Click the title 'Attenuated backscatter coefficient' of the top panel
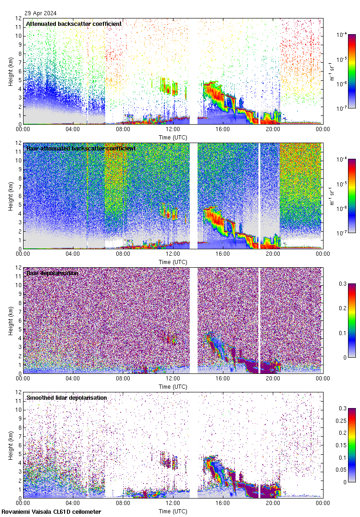pyautogui.click(x=74, y=24)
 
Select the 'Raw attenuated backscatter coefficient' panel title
pyautogui.click(x=81, y=148)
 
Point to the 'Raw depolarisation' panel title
pyautogui.click(x=52, y=273)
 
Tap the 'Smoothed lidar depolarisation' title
pyautogui.click(x=66, y=397)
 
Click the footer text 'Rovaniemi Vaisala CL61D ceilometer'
pyautogui.click(x=51, y=511)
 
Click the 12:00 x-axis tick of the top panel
pyautogui.click(x=173, y=130)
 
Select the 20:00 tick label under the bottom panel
pyautogui.click(x=272, y=504)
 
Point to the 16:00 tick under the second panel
pyautogui.click(x=222, y=254)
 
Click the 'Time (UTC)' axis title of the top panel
pyautogui.click(x=173, y=137)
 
